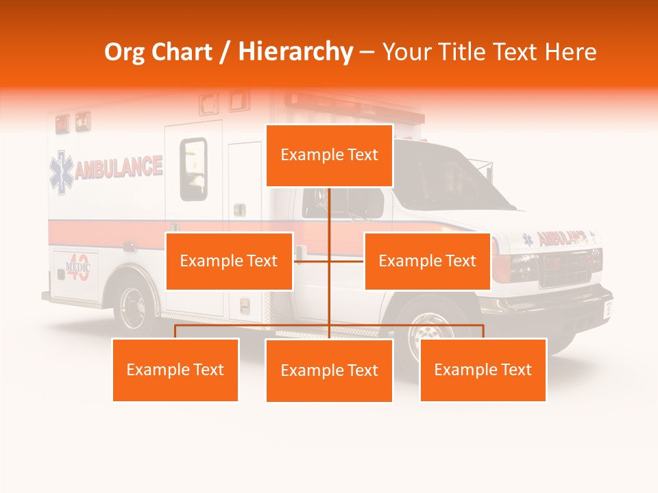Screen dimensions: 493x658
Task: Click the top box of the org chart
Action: click(x=329, y=155)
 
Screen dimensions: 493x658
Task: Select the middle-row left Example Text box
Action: click(x=229, y=261)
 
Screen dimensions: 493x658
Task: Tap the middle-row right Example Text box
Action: click(x=427, y=261)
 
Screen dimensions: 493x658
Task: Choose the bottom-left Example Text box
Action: click(x=175, y=370)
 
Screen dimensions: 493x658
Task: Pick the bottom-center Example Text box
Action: click(x=329, y=370)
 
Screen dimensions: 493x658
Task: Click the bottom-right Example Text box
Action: click(x=483, y=370)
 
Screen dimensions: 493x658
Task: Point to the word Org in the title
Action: click(x=124, y=52)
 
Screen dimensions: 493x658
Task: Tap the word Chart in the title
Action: click(x=181, y=52)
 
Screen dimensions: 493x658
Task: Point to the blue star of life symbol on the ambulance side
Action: click(x=60, y=173)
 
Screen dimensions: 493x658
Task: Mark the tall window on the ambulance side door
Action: click(x=193, y=169)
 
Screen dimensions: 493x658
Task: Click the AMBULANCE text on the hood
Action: click(x=562, y=238)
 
